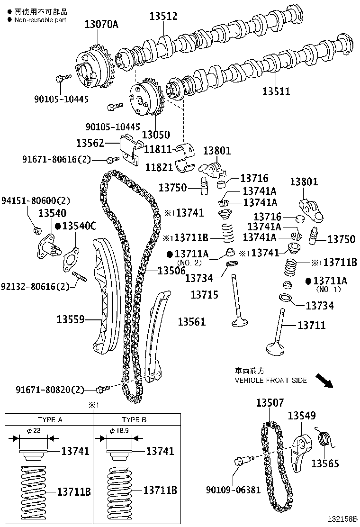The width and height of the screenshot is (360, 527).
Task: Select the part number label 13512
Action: (163, 16)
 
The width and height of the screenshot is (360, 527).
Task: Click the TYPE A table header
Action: (50, 420)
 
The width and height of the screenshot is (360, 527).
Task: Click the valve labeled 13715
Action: (236, 303)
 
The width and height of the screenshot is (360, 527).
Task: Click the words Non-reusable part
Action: (40, 20)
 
